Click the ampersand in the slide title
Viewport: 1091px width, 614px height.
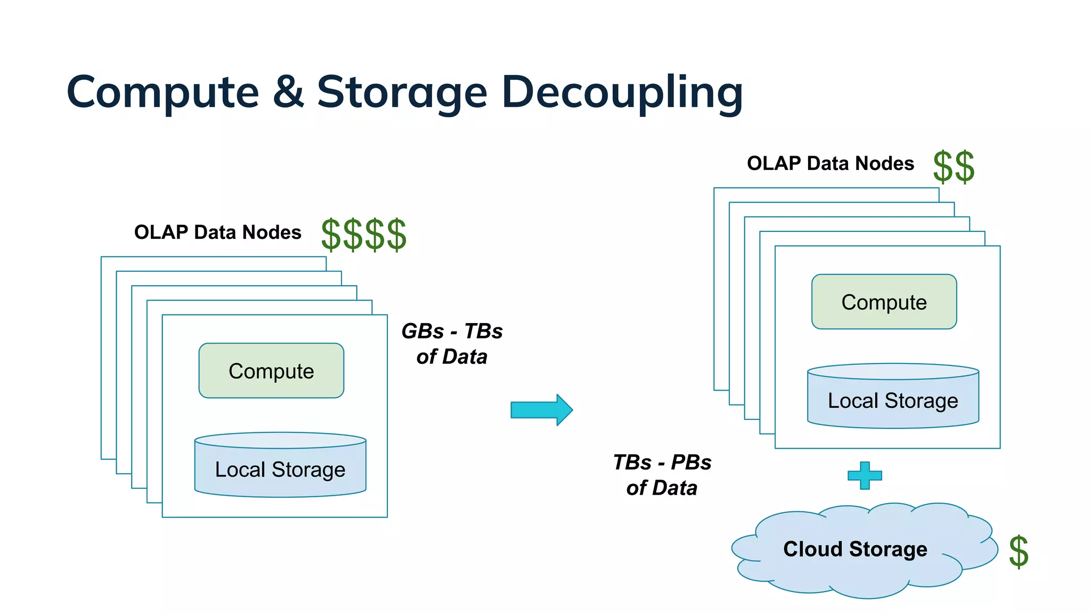point(288,92)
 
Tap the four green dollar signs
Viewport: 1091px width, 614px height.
point(364,235)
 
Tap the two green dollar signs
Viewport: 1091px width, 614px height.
point(954,167)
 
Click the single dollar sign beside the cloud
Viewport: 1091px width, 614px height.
point(1018,552)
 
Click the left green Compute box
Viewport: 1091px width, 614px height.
point(271,371)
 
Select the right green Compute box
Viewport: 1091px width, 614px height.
point(884,302)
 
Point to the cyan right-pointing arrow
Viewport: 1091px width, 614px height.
point(541,410)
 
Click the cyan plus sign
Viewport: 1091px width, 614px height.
point(865,475)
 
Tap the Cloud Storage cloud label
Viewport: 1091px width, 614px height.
point(855,549)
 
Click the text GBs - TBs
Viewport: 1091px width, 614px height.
point(452,332)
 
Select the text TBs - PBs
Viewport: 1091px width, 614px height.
point(662,463)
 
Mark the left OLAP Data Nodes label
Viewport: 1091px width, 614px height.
point(217,232)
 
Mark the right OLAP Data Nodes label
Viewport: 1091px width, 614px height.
point(830,164)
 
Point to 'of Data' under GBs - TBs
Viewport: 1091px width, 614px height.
point(452,357)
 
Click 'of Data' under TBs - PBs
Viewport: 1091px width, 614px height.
point(662,488)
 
